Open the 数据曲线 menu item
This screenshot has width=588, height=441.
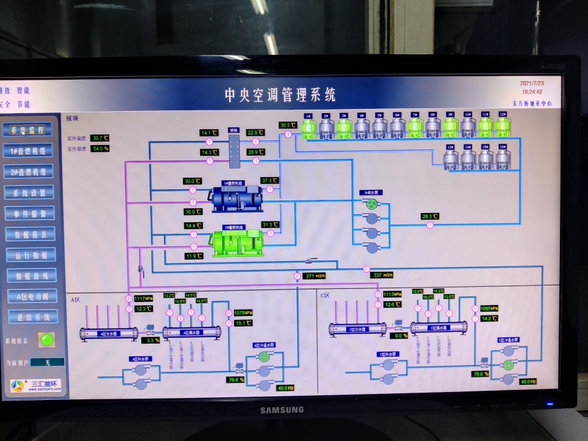pos(31,276)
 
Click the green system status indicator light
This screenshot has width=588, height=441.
pos(46,340)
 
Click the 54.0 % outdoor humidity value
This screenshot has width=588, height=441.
pos(100,148)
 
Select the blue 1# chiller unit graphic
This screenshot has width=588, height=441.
pos(235,198)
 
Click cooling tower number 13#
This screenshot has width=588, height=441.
pos(451,158)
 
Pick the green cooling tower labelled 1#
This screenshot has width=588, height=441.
pos(308,127)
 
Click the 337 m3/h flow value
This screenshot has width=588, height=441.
pos(382,275)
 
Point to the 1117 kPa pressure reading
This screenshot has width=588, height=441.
pos(144,299)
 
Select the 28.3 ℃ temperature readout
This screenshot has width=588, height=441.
pos(430,216)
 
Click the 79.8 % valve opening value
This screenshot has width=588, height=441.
pos(236,379)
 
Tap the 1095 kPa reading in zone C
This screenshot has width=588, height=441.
pos(489,308)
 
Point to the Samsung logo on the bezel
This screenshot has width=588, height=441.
pos(282,410)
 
